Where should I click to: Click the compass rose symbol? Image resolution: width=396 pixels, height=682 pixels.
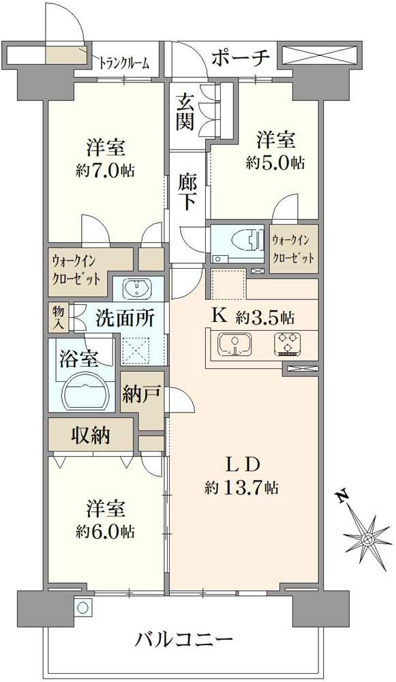pyautogui.click(x=368, y=539)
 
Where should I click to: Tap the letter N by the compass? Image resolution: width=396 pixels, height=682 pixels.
pyautogui.click(x=344, y=496)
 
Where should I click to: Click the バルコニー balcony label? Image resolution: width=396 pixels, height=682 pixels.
pyautogui.click(x=185, y=640)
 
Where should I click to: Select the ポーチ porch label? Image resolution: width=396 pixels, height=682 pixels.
pyautogui.click(x=241, y=57)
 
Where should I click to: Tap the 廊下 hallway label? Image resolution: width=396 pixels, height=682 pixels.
pyautogui.click(x=188, y=191)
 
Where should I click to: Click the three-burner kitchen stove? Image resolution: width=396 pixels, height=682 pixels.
pyautogui.click(x=288, y=344)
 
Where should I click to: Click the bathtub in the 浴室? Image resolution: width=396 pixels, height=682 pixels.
pyautogui.click(x=85, y=392)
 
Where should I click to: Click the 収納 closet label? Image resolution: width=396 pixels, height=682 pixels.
pyautogui.click(x=91, y=434)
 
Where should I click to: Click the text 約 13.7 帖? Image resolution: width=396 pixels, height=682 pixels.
pyautogui.click(x=242, y=488)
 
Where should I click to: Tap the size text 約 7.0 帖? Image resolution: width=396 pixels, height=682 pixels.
pyautogui.click(x=106, y=170)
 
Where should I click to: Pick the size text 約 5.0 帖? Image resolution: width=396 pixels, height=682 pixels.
pyautogui.click(x=275, y=163)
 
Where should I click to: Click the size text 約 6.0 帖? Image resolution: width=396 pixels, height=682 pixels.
pyautogui.click(x=105, y=531)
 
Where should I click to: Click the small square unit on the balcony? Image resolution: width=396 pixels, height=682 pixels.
pyautogui.click(x=82, y=607)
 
